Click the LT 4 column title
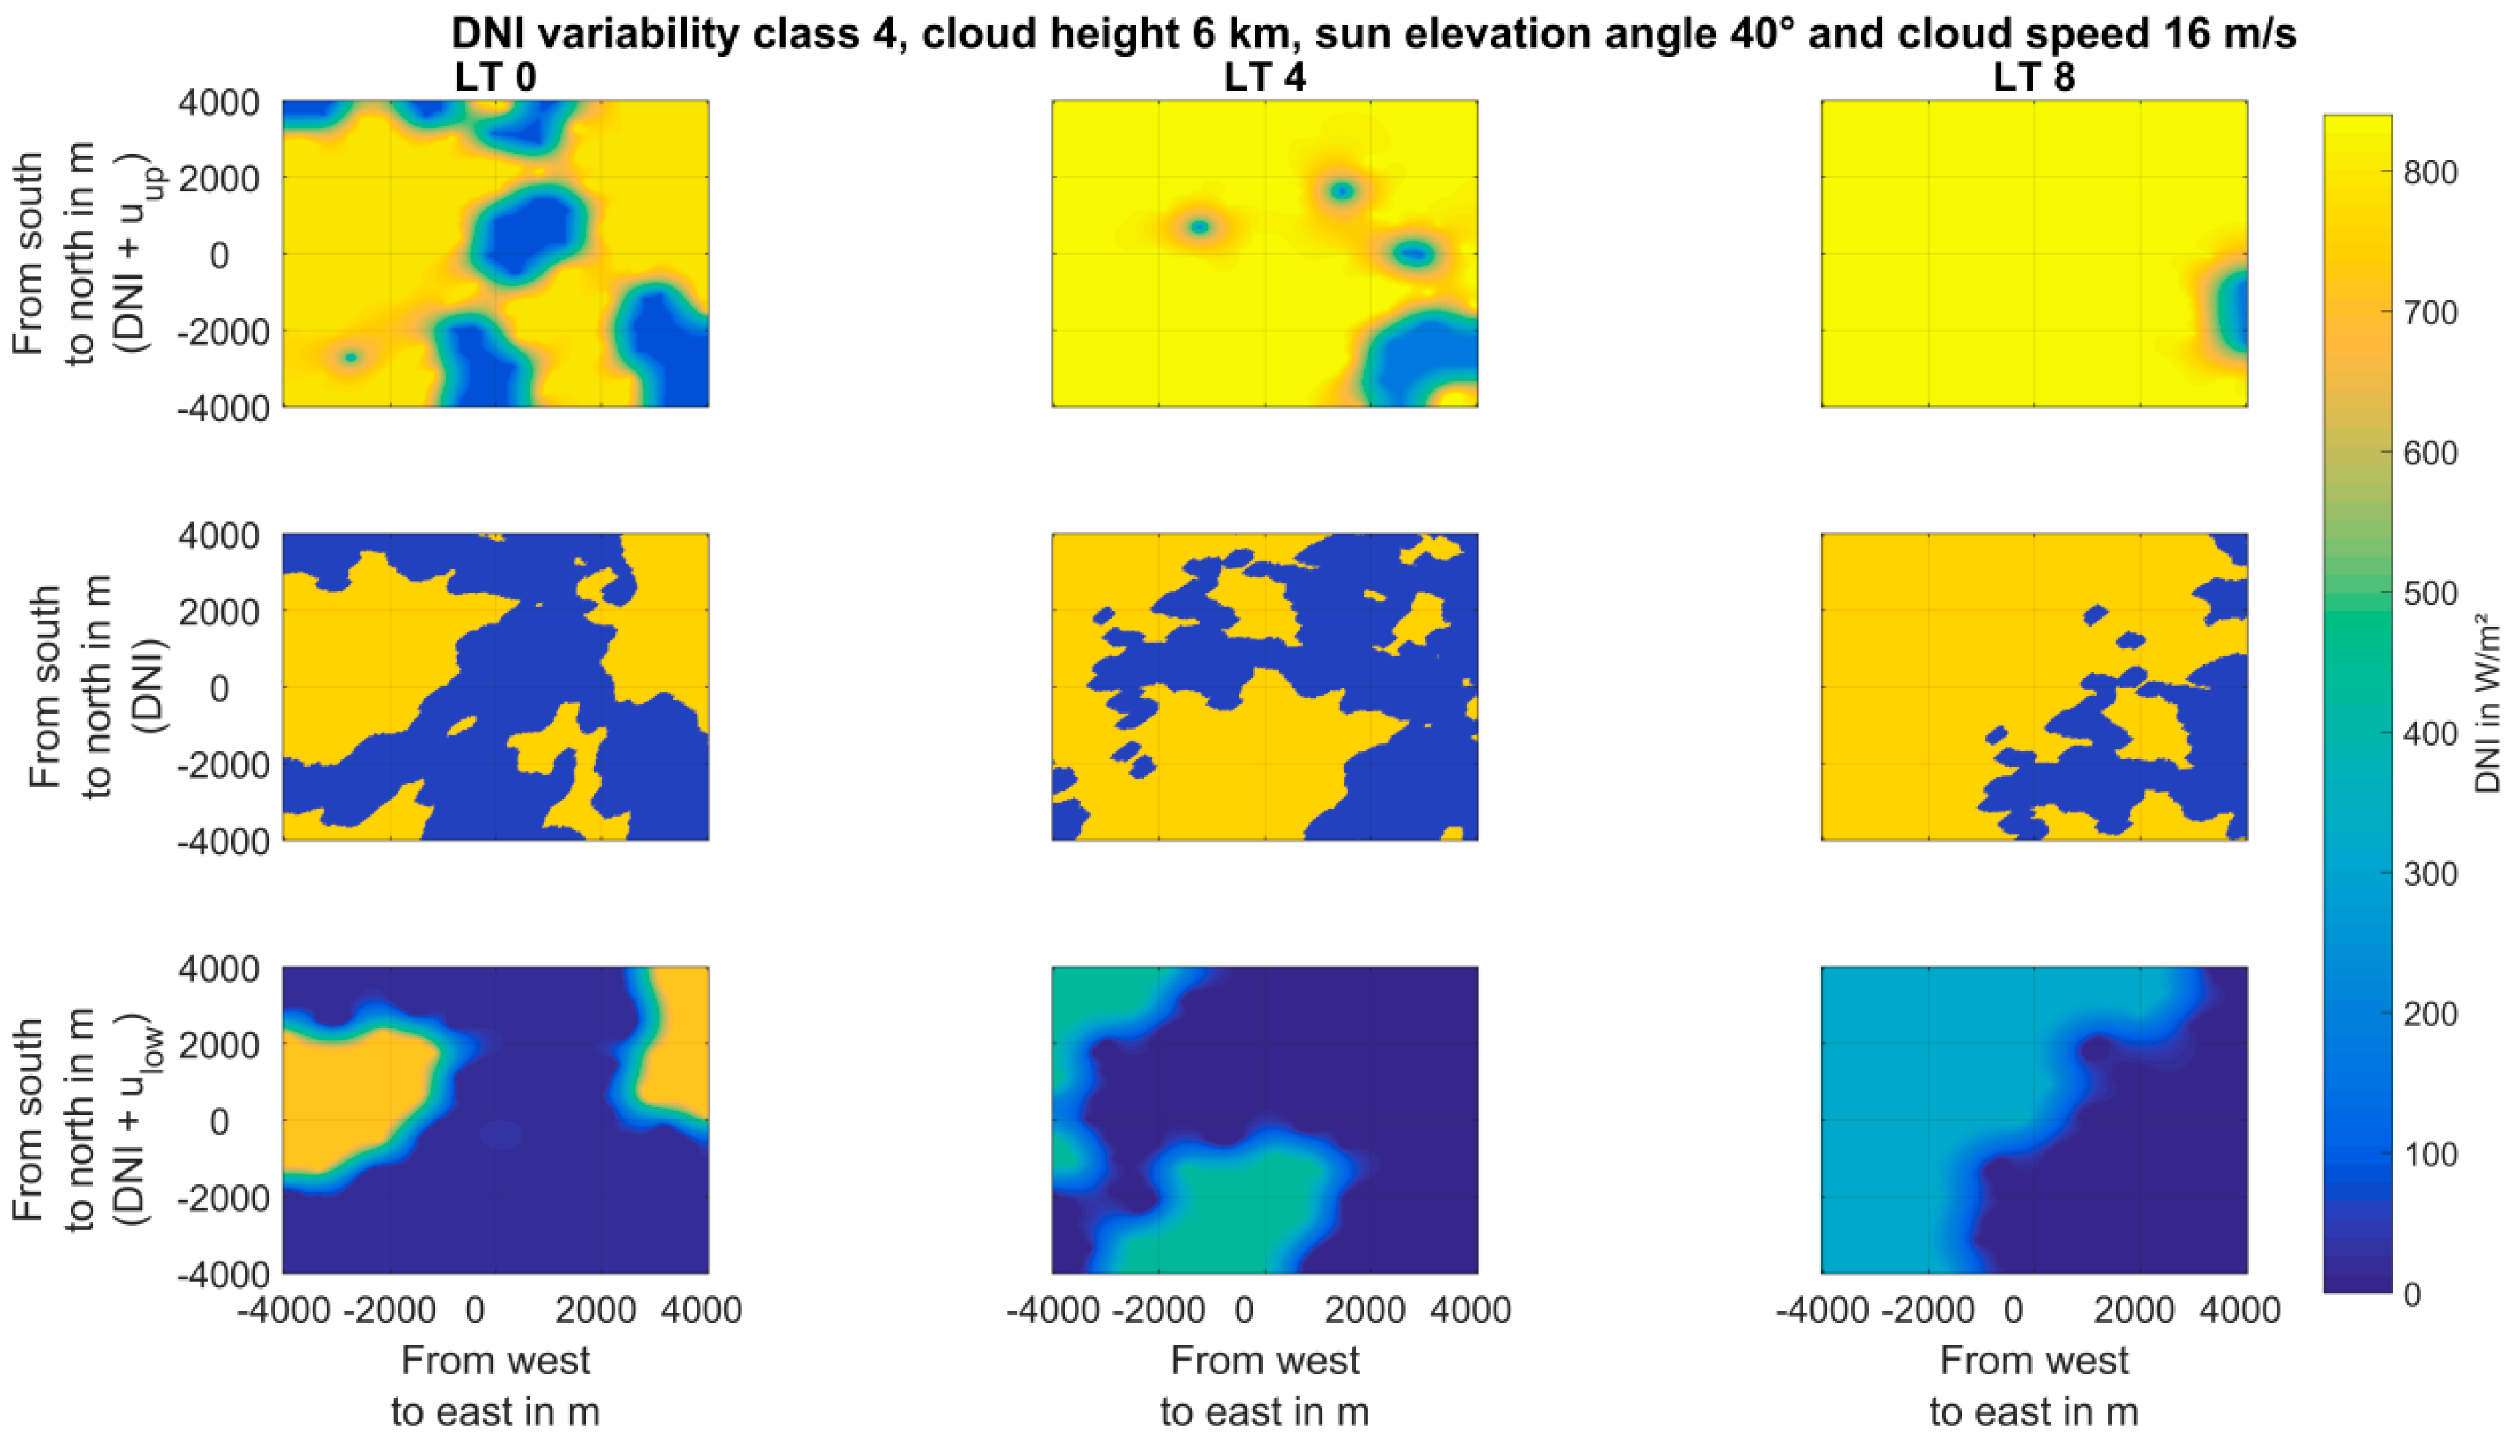point(1265,78)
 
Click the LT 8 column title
point(2034,78)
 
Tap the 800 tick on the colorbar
point(2430,173)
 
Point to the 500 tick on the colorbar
point(2430,594)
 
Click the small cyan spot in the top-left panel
point(351,357)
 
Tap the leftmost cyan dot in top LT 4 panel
point(1200,227)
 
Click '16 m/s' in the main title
point(2227,33)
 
